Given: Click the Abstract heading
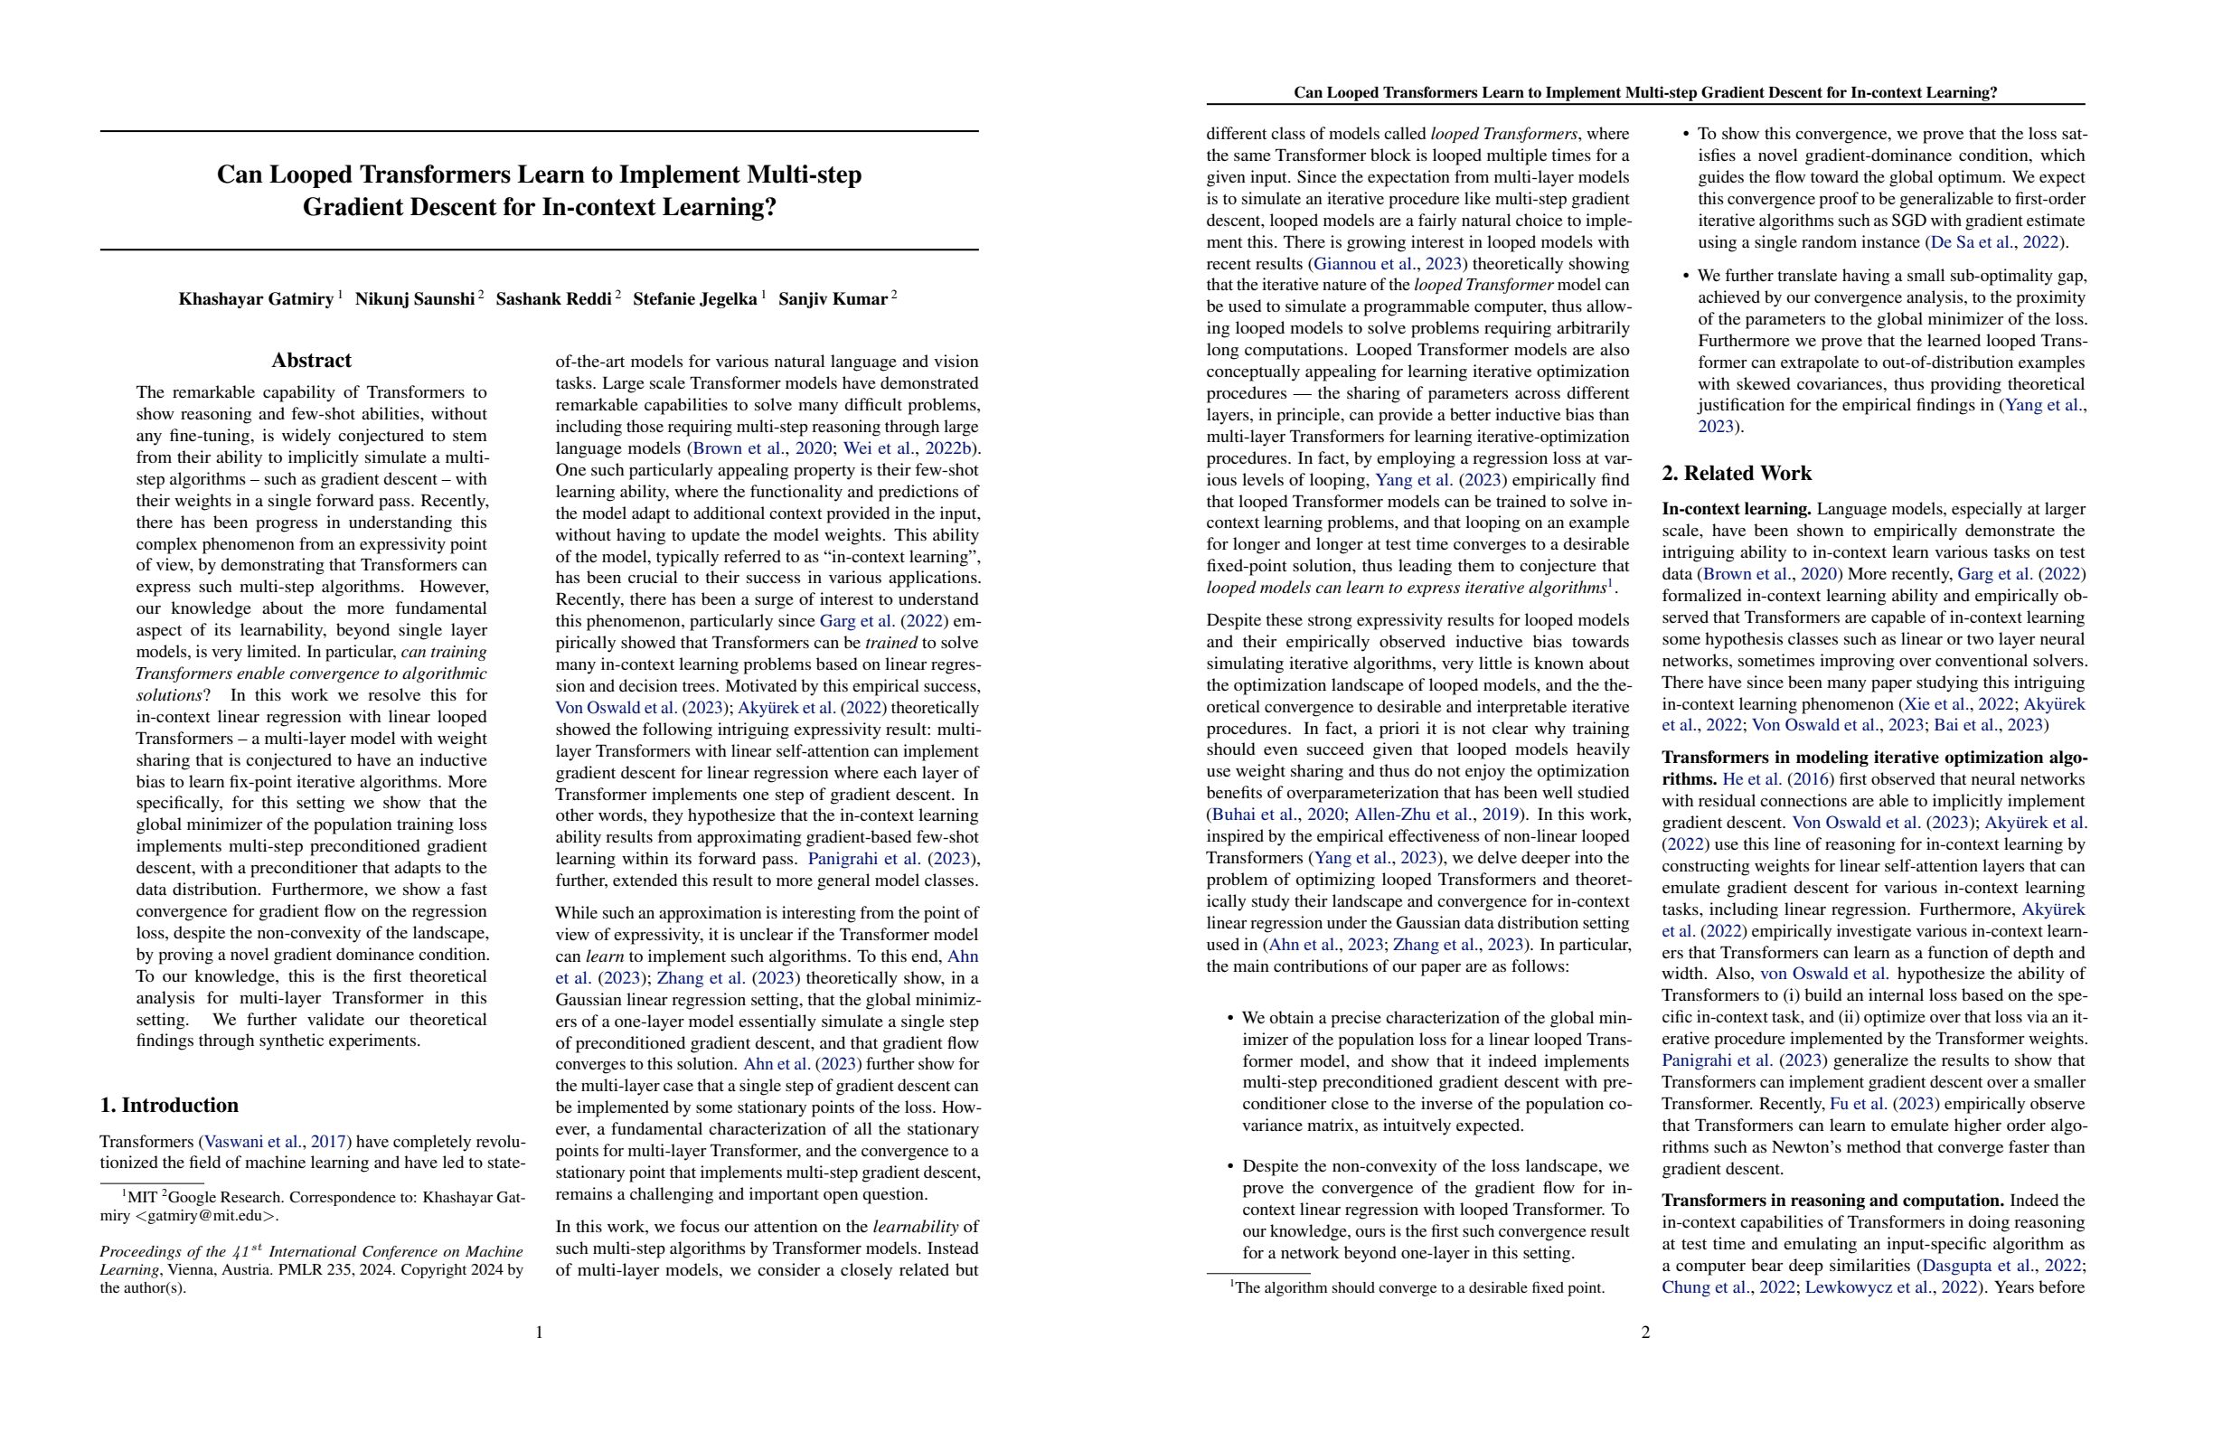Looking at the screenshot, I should click(312, 361).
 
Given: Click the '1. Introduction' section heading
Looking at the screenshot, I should click(169, 1105).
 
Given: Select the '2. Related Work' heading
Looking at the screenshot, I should click(1736, 474).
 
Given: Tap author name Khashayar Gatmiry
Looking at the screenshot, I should click(256, 299).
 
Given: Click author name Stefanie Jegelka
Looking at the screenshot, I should click(694, 299).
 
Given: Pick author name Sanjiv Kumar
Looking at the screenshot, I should click(833, 299).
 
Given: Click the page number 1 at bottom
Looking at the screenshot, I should click(540, 1333).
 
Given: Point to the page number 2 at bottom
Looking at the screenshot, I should click(1645, 1333).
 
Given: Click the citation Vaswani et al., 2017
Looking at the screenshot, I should click(274, 1142).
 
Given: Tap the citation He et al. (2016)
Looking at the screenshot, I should click(1778, 779).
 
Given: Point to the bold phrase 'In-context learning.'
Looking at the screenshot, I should click(1736, 510).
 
